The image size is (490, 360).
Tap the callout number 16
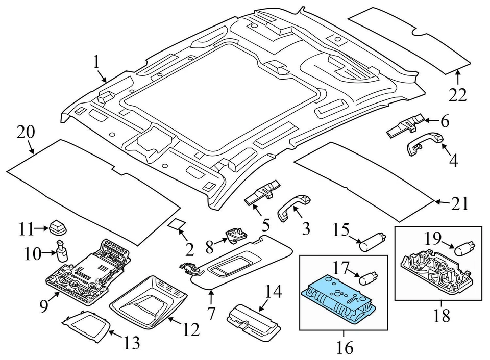(345, 348)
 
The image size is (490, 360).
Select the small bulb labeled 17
(366, 278)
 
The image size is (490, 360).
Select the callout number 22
(457, 94)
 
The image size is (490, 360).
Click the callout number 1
(97, 63)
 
